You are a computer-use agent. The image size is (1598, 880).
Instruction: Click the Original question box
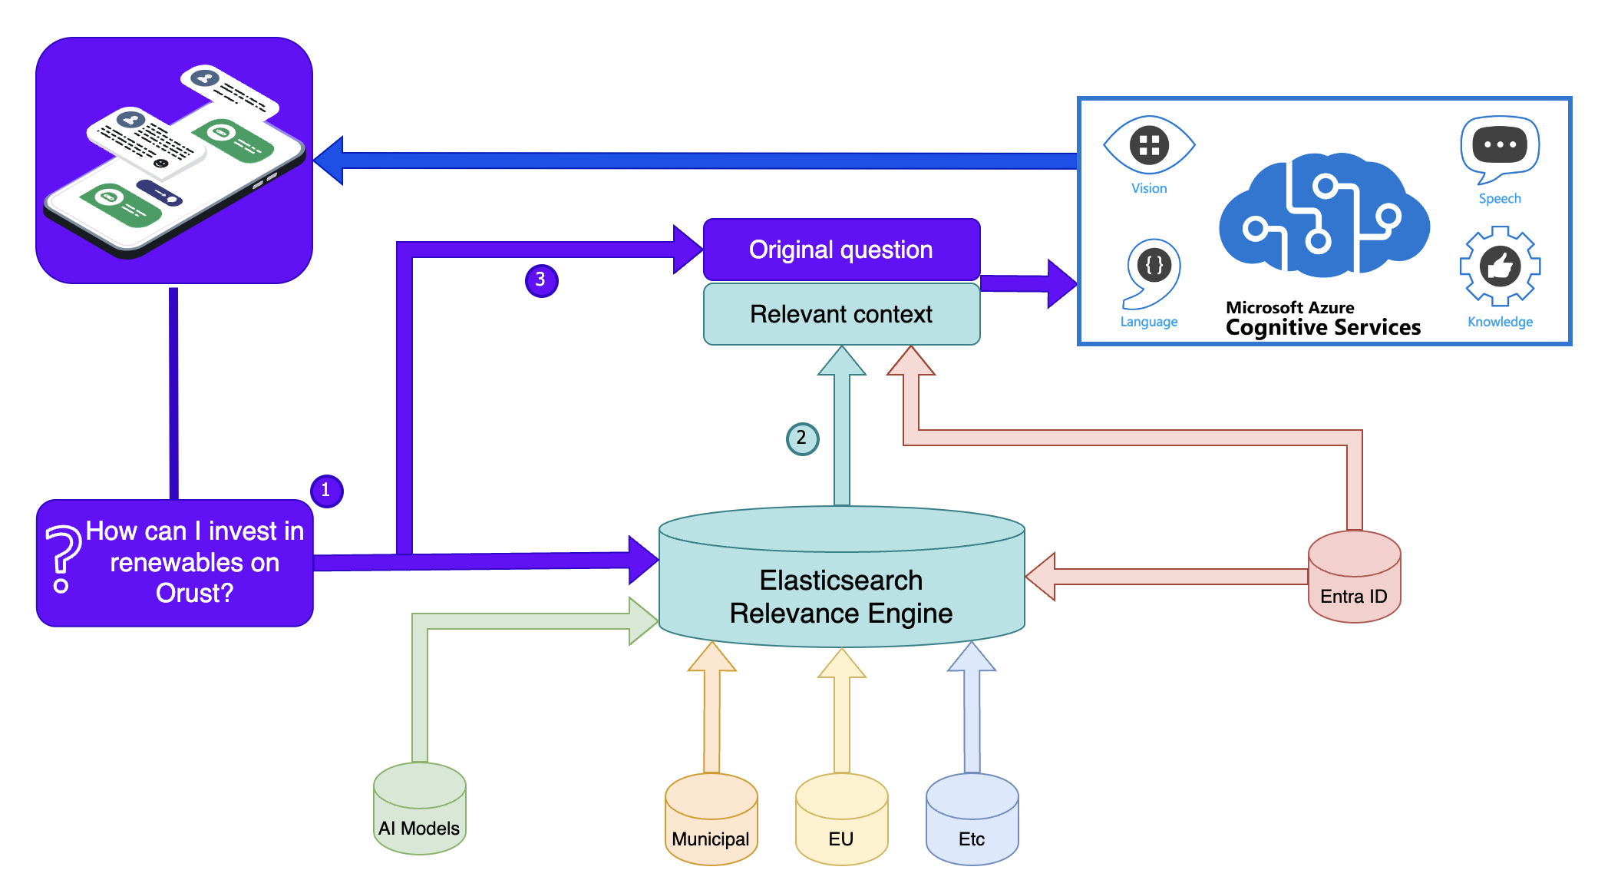point(841,250)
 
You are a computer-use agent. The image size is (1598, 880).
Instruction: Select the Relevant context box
point(841,314)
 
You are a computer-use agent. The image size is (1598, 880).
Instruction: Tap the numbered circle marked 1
point(326,491)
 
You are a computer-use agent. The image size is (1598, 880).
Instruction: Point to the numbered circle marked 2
point(802,438)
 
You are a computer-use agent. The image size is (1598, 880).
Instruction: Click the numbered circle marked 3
point(541,280)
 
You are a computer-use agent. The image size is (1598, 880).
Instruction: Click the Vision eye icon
point(1149,145)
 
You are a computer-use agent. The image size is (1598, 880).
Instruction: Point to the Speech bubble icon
point(1500,147)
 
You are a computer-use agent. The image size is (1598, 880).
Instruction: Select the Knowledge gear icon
point(1500,267)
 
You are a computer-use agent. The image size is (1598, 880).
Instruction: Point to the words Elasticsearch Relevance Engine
point(841,597)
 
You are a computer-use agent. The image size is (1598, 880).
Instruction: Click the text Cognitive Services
point(1323,327)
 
